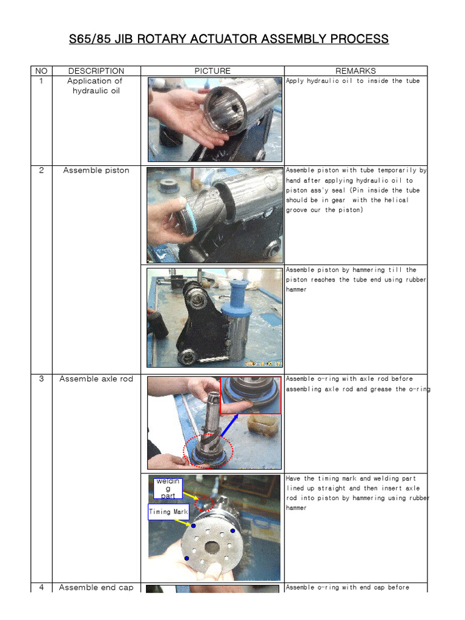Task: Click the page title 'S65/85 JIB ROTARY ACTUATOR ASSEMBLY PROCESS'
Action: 228,39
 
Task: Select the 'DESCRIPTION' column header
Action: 96,71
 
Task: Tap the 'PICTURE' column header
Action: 212,71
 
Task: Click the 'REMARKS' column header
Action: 355,71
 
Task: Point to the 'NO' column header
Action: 41,71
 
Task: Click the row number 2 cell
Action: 41,170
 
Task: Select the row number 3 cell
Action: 41,379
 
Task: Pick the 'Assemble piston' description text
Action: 96,170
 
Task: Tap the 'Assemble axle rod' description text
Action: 96,379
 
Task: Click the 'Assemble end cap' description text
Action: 96,587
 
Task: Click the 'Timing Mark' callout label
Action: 168,512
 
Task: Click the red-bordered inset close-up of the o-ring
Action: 250,395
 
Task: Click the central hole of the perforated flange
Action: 212,547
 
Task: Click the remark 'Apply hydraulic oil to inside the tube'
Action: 352,81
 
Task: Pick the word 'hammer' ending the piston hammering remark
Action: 296,289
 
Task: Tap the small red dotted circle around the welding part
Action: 205,503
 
